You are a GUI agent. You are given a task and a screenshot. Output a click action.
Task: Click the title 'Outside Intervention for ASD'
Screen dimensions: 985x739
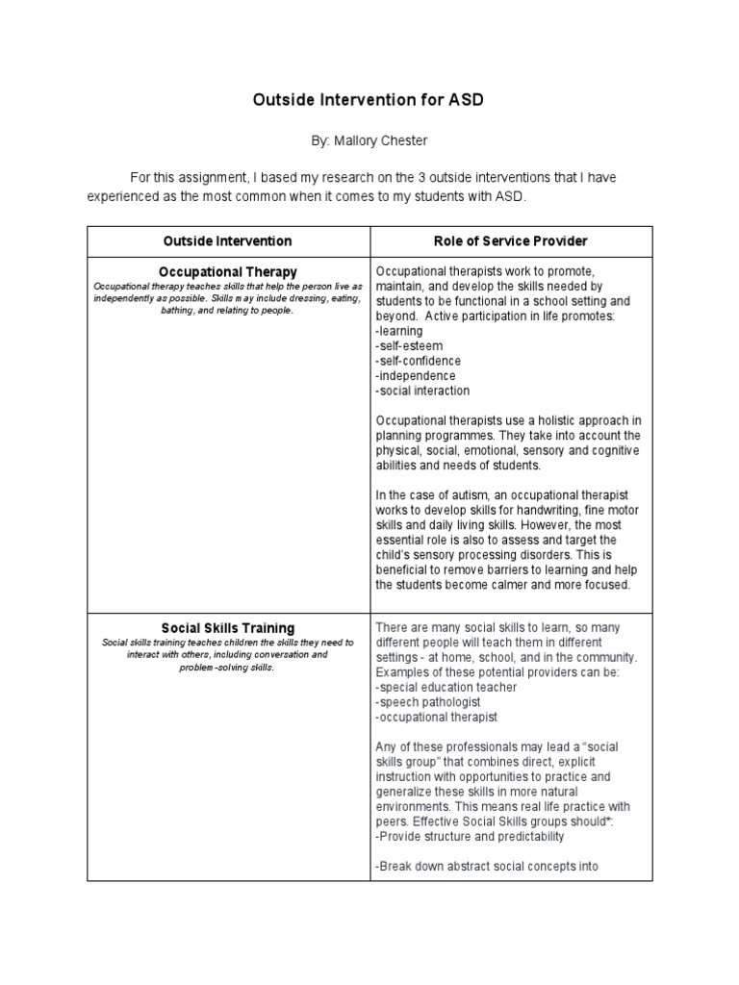369,99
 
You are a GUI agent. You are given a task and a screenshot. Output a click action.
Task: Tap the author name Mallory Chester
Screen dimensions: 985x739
369,140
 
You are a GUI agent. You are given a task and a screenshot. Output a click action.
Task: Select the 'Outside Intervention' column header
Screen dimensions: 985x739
228,241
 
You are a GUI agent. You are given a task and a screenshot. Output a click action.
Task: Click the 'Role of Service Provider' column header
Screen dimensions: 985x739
511,241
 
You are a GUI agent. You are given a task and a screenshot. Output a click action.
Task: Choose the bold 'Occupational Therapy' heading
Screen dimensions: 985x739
228,272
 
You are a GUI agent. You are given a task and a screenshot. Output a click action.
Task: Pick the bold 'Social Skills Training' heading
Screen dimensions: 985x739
228,628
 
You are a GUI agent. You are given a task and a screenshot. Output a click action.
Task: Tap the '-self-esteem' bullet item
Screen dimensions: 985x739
407,346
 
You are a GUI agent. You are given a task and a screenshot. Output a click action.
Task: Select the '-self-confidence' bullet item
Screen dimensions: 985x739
418,361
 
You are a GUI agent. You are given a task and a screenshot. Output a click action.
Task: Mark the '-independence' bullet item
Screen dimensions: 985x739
416,376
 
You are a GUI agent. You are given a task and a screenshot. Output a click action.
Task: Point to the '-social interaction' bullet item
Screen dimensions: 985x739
422,391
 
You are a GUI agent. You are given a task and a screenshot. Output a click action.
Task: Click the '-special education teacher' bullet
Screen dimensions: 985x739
446,687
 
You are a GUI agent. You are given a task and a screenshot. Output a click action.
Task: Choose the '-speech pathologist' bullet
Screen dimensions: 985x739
426,702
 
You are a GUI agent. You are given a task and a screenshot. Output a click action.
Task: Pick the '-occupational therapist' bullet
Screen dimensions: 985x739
436,717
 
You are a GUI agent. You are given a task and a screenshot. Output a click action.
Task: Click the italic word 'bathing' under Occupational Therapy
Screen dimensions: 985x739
180,311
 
